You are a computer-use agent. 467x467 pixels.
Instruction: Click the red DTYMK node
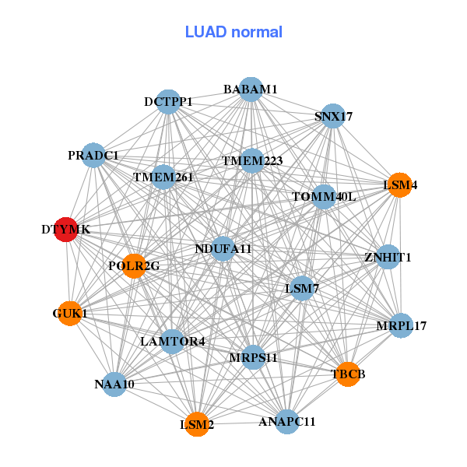(x=67, y=230)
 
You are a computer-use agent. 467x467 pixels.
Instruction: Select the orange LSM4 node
(x=399, y=185)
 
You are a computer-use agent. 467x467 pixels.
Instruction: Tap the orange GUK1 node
(x=70, y=314)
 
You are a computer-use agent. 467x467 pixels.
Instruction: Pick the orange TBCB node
(x=347, y=374)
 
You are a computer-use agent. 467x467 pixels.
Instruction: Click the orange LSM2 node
(x=197, y=424)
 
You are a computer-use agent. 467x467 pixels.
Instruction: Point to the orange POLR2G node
(x=134, y=266)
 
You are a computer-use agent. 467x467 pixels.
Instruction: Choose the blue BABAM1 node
(x=250, y=90)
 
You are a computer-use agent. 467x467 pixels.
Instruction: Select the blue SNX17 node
(x=333, y=117)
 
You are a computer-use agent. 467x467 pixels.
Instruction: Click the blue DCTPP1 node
(x=168, y=102)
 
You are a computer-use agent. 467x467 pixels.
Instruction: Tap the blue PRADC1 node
(x=93, y=156)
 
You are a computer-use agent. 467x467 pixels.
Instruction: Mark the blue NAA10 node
(x=114, y=384)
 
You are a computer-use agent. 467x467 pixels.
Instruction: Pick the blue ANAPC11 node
(x=286, y=422)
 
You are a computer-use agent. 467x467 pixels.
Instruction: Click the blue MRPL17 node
(x=402, y=325)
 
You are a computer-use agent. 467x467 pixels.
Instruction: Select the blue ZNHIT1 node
(x=388, y=257)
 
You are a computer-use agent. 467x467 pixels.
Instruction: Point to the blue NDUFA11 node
(x=223, y=249)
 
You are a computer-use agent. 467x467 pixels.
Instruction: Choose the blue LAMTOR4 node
(x=173, y=341)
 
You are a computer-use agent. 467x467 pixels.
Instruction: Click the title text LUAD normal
(x=233, y=32)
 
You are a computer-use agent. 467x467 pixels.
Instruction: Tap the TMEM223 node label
(x=252, y=161)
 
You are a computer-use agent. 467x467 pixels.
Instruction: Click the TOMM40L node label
(x=324, y=196)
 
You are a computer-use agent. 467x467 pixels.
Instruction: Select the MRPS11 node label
(x=254, y=357)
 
